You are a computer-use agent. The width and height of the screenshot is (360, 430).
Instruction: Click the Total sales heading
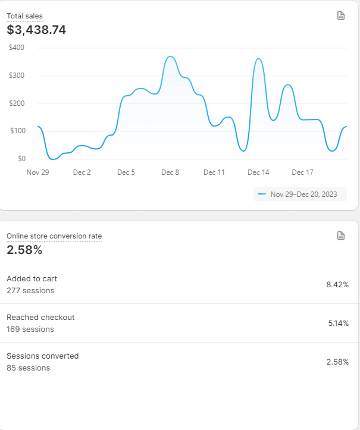tap(24, 16)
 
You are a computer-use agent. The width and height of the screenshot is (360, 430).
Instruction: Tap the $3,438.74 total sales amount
tap(36, 30)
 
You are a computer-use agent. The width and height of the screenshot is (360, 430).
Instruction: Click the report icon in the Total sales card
tap(341, 15)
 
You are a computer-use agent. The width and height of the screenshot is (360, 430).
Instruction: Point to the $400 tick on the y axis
tap(17, 48)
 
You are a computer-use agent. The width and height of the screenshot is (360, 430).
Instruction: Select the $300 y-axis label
tap(17, 76)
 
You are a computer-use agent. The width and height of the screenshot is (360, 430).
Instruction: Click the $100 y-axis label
tap(17, 131)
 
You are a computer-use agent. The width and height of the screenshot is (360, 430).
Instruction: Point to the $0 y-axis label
tap(21, 159)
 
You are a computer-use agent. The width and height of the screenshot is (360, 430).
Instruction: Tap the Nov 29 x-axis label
tap(37, 172)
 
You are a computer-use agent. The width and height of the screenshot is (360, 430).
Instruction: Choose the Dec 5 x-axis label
tap(126, 172)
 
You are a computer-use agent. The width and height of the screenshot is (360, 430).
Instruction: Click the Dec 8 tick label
tap(170, 172)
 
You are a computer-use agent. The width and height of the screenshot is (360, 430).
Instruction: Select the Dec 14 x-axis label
tap(258, 172)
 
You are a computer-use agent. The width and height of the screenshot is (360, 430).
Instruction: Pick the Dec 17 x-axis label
tap(302, 172)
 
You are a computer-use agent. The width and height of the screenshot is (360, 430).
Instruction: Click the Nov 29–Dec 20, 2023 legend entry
tap(300, 194)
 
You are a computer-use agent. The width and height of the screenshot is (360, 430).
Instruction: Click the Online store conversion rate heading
tap(54, 236)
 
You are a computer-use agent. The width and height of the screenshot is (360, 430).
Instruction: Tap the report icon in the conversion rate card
tap(341, 236)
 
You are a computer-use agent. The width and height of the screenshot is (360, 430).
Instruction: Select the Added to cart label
tap(32, 278)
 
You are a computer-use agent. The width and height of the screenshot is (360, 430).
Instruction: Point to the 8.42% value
tap(337, 285)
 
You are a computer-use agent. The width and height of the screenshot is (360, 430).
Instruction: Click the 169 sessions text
tap(30, 329)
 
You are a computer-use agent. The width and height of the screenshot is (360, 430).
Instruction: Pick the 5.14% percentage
tap(338, 324)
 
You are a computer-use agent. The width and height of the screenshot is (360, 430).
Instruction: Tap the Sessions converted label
tap(42, 356)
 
